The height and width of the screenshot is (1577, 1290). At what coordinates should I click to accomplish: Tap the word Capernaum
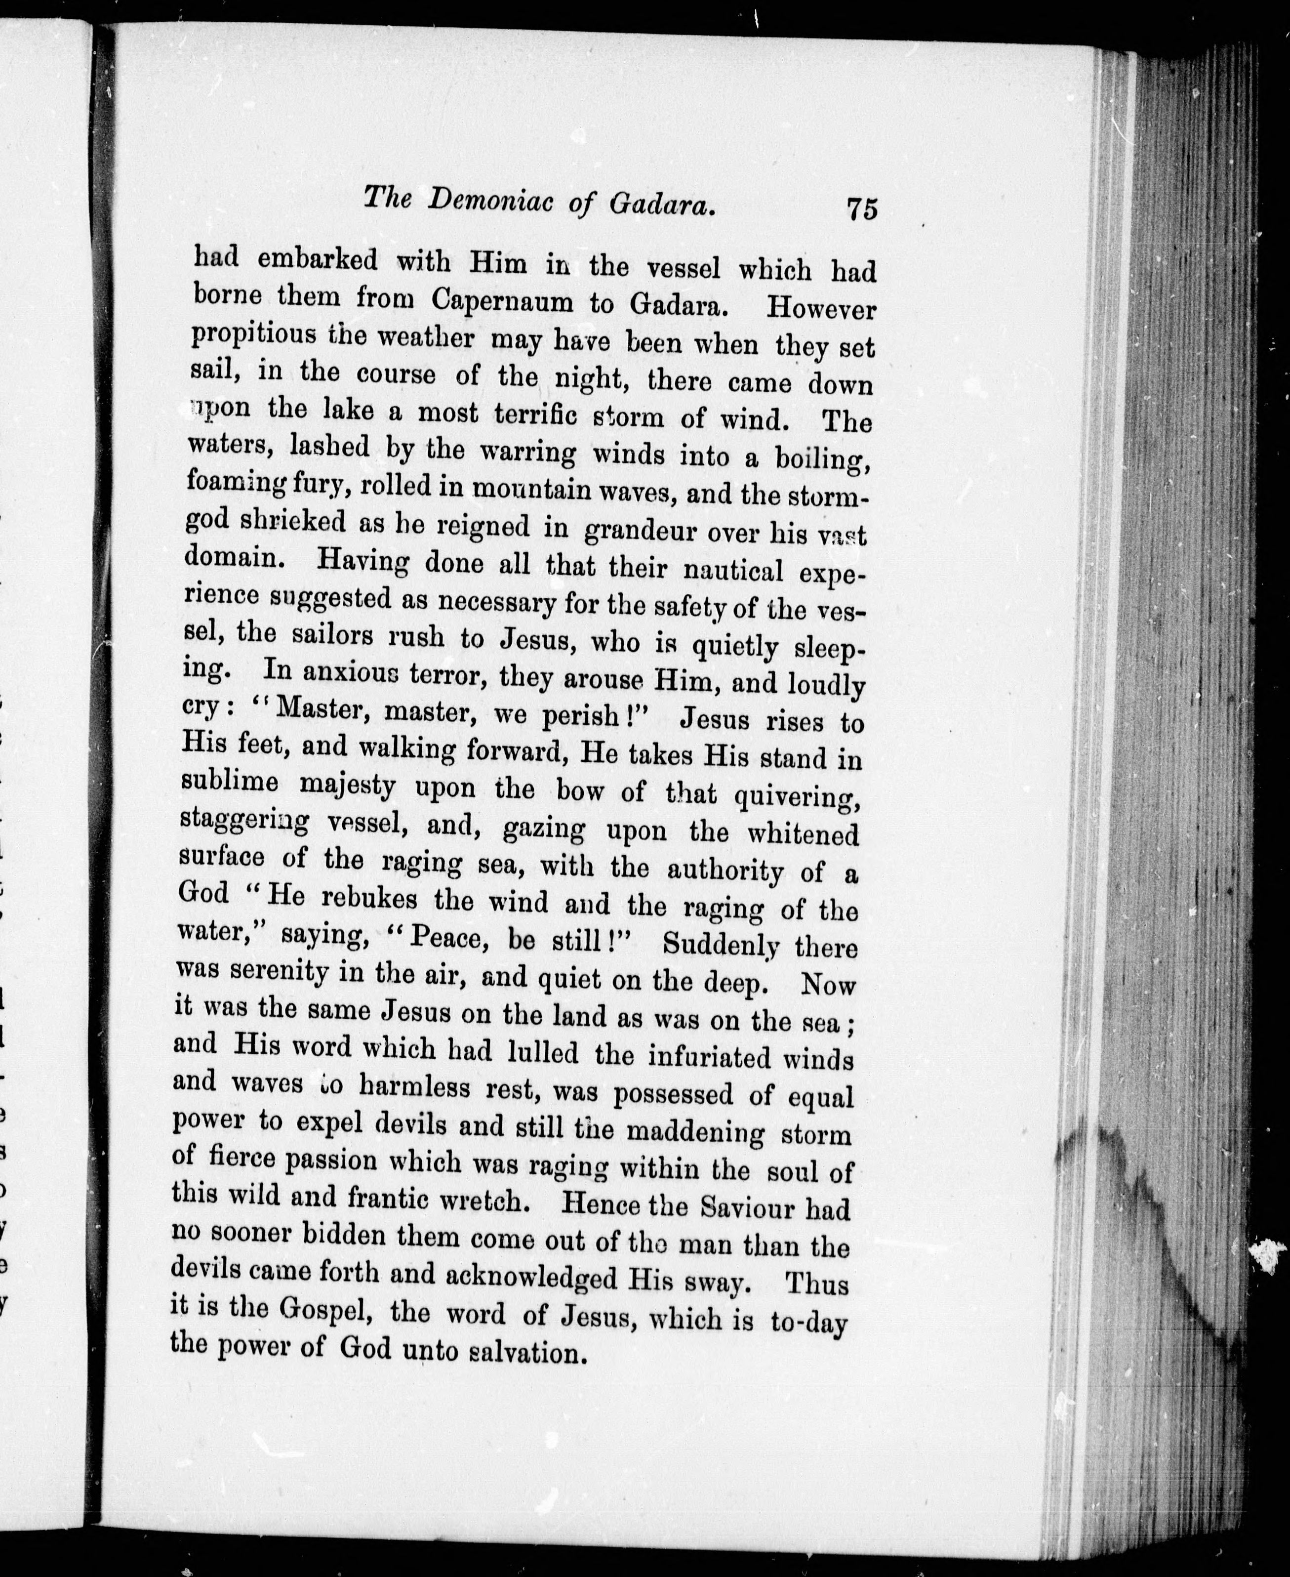pyautogui.click(x=502, y=301)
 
